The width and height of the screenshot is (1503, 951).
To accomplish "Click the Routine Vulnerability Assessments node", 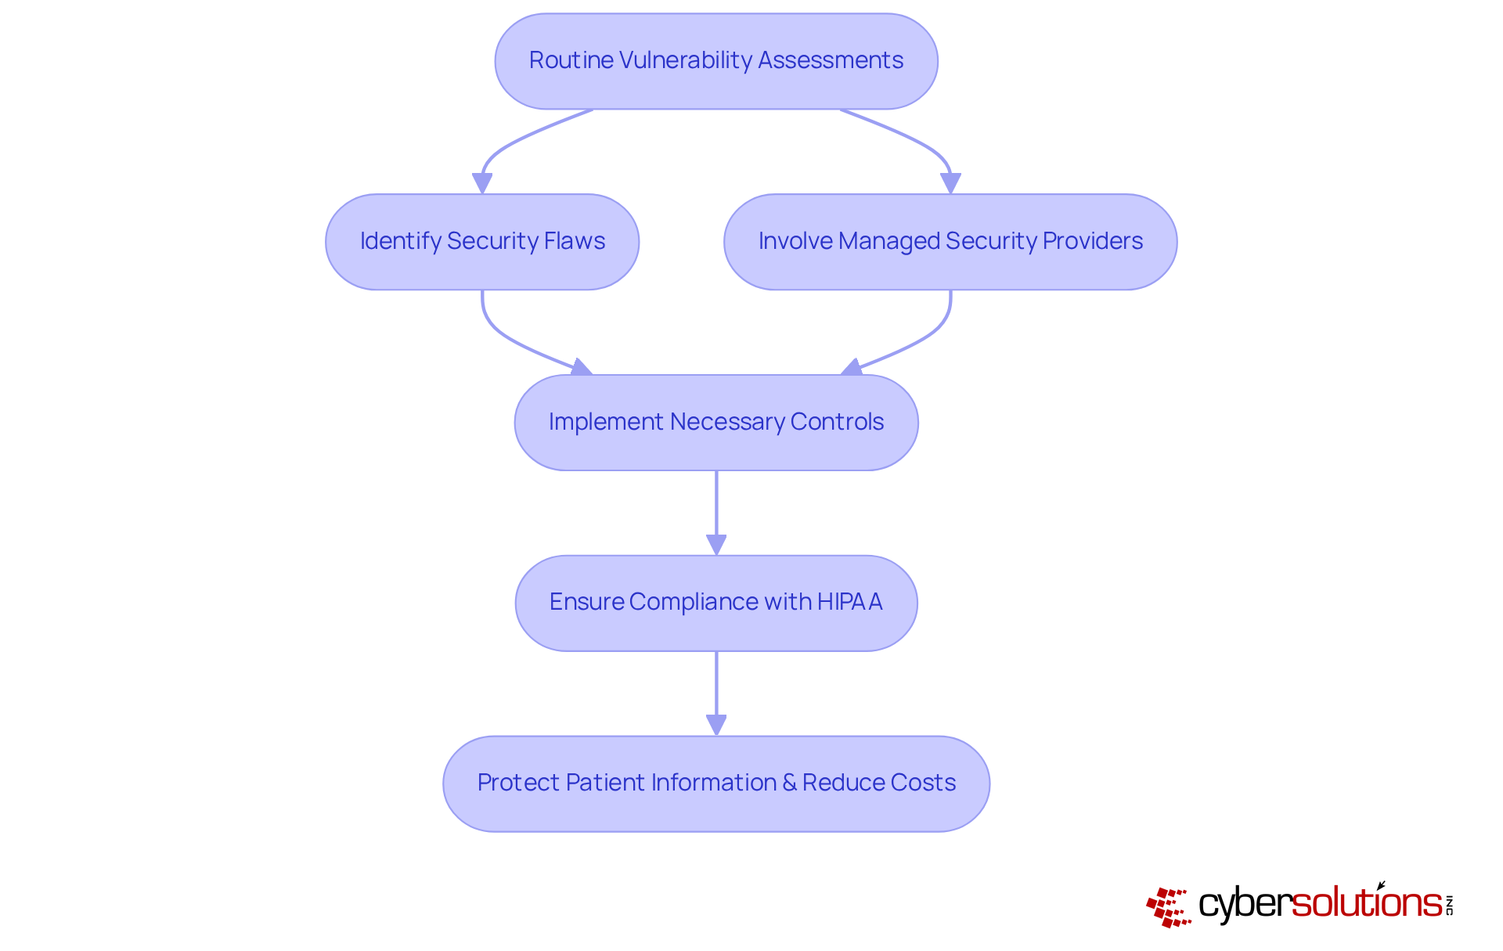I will coord(715,61).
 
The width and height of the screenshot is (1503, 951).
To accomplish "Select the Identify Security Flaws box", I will coord(481,242).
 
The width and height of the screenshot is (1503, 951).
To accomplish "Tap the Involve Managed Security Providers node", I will coord(950,242).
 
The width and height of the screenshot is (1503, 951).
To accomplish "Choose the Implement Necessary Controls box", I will coord(715,423).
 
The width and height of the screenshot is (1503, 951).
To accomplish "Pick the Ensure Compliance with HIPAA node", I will coord(715,603).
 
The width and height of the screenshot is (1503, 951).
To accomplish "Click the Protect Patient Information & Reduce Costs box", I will coord(715,783).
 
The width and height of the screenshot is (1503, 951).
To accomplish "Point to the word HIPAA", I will coord(849,602).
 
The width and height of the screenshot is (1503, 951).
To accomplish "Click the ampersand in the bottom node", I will coord(788,783).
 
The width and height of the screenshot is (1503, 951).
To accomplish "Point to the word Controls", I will coord(837,422).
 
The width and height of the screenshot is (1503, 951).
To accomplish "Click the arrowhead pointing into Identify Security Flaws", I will coord(482,183).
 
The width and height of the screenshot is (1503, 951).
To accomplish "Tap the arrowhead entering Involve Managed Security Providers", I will coord(950,183).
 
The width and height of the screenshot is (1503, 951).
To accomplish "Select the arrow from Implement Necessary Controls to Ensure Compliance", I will coord(716,509).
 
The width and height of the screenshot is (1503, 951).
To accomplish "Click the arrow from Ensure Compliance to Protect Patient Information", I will coord(716,689).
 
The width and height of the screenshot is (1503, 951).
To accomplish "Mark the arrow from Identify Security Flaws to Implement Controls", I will coord(509,337).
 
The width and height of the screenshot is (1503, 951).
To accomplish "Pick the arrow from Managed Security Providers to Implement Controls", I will coord(924,337).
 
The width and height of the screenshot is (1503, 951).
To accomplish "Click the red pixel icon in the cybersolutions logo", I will coord(1168,907).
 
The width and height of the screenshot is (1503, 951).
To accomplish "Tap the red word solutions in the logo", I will coord(1366,903).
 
